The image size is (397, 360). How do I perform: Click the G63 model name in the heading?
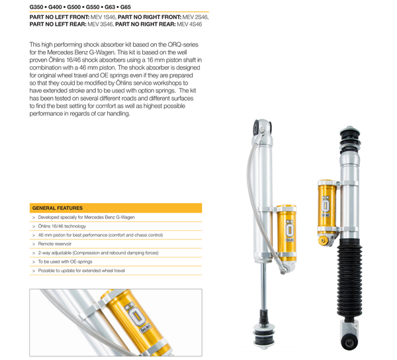click(110, 7)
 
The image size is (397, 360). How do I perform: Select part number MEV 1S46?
click(103, 17)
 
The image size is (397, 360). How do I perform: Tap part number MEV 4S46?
click(189, 24)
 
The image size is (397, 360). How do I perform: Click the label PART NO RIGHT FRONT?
click(150, 17)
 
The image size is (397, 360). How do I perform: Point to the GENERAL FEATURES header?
click(58, 208)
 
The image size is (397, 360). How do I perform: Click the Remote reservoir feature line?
click(55, 244)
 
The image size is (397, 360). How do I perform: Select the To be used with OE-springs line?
click(65, 262)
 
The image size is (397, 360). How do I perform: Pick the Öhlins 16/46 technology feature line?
click(62, 226)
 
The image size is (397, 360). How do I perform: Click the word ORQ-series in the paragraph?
click(183, 45)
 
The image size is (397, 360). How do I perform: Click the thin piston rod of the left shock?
click(264, 286)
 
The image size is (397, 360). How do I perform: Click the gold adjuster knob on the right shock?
click(323, 241)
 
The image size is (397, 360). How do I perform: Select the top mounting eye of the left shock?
click(262, 128)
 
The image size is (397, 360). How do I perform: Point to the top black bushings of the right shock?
click(350, 138)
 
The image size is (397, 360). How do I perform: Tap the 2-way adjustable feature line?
click(98, 253)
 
